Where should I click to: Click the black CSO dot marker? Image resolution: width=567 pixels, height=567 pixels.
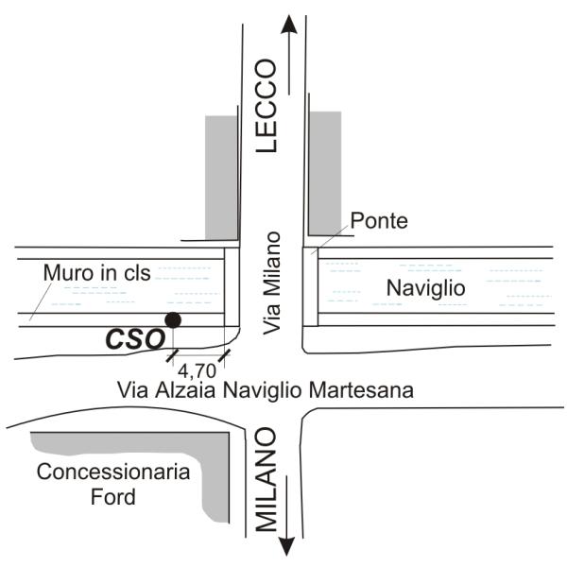173,320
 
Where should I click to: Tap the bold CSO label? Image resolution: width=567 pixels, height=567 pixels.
135,339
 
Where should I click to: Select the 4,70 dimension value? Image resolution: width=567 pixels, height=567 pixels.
197,370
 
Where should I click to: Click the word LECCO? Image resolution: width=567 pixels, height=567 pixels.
266,106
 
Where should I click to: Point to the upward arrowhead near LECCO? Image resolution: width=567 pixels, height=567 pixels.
289,25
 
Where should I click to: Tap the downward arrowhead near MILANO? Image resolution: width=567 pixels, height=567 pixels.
286,546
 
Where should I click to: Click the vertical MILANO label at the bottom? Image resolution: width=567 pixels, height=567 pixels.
266,479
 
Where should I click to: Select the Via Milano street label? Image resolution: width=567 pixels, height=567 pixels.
271,283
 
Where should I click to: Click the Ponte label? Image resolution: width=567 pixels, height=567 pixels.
379,220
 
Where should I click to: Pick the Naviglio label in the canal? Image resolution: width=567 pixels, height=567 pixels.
425,288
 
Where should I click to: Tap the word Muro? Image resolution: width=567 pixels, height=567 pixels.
68,272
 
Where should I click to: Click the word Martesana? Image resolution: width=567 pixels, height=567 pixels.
361,390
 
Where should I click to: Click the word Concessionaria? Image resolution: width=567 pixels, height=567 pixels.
113,472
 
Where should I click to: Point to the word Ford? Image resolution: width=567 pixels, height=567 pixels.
113,496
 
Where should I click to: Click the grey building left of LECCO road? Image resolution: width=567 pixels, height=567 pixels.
221,178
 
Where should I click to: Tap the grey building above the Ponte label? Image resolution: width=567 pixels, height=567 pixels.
325,174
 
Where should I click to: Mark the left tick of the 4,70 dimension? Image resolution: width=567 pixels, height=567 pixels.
173,355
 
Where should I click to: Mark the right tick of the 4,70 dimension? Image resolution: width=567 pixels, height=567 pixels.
224,355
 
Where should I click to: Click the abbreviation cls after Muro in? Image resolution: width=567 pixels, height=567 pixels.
137,272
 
